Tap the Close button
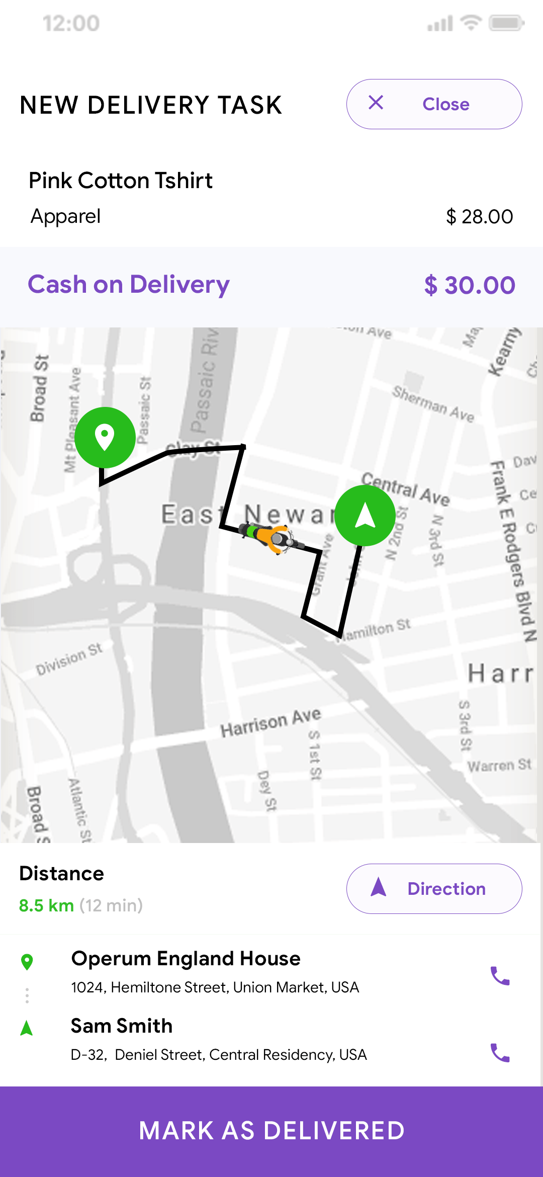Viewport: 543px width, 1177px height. tap(434, 104)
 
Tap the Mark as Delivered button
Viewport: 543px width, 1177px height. tap(271, 1131)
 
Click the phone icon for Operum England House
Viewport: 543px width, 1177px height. tap(500, 976)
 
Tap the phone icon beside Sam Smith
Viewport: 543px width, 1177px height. tap(500, 1052)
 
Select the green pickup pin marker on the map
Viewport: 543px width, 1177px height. tap(105, 437)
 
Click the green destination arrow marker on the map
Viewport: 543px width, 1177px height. tap(365, 515)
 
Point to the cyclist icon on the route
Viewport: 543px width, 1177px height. tap(271, 537)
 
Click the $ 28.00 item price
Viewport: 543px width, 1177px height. tap(479, 217)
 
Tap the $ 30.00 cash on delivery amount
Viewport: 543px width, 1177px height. tap(470, 285)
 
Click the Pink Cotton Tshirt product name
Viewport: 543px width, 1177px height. tap(121, 181)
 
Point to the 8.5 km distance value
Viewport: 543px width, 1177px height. tap(46, 905)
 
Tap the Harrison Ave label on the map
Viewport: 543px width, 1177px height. tap(270, 723)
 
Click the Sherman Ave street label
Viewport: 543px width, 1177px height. tap(433, 404)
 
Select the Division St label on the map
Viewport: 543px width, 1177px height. tap(69, 659)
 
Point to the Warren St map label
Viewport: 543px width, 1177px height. tap(499, 766)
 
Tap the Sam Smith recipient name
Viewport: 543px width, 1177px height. tap(122, 1026)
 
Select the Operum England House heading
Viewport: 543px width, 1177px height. tap(186, 959)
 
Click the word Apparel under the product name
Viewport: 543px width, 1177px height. tap(66, 216)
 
